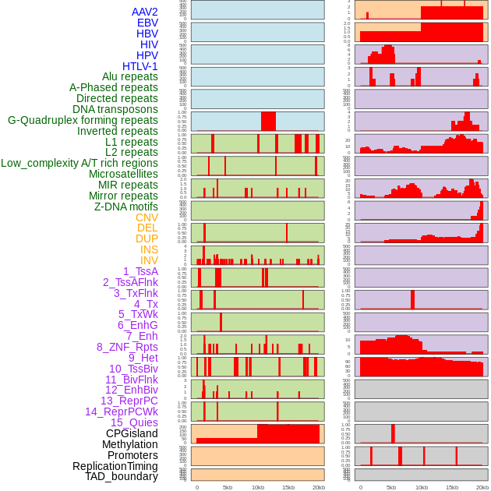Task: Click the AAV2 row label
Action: click(145, 12)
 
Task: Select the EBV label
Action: click(147, 23)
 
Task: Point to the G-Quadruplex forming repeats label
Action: click(83, 121)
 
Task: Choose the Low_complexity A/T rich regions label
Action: click(79, 163)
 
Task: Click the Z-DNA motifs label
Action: click(126, 207)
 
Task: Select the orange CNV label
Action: click(147, 217)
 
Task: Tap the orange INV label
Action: click(149, 260)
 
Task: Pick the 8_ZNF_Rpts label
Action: click(127, 347)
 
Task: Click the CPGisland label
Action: click(132, 433)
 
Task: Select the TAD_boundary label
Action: click(122, 476)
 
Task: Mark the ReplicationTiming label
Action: click(115, 466)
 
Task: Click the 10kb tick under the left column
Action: click(257, 487)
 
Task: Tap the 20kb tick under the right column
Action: click(482, 487)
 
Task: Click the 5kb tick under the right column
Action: click(391, 487)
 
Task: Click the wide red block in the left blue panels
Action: click(268, 122)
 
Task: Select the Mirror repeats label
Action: click(123, 196)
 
